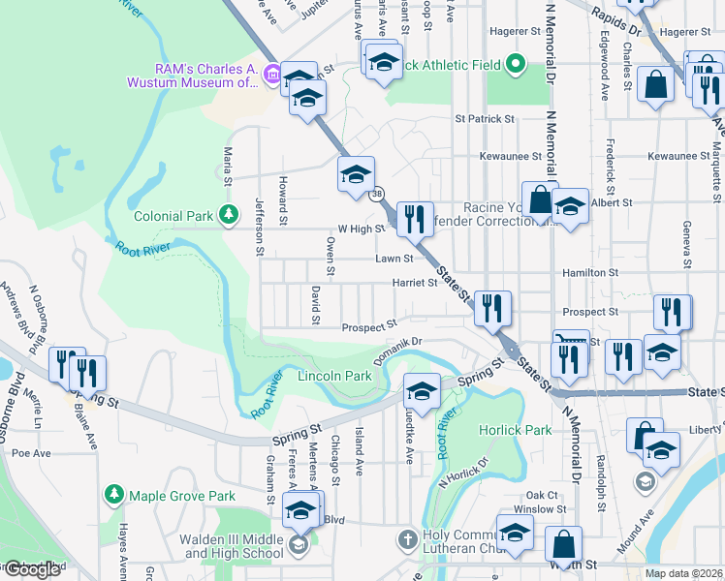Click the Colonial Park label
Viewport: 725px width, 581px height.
(173, 217)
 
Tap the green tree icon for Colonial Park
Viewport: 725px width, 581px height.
(228, 213)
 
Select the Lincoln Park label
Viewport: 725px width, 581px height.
(334, 376)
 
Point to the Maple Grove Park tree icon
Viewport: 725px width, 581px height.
(114, 496)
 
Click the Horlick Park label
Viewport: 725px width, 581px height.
(515, 430)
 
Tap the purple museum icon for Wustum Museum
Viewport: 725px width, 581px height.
(272, 74)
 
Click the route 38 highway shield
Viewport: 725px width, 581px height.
(375, 194)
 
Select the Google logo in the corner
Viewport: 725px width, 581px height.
(32, 569)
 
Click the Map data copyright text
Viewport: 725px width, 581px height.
(684, 573)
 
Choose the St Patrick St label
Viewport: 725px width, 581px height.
(485, 118)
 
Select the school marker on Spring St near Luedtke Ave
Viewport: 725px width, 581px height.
(422, 391)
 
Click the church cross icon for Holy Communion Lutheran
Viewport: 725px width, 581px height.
(408, 537)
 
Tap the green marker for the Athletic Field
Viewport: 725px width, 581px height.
(516, 66)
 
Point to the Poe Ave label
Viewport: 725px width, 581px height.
(31, 452)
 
